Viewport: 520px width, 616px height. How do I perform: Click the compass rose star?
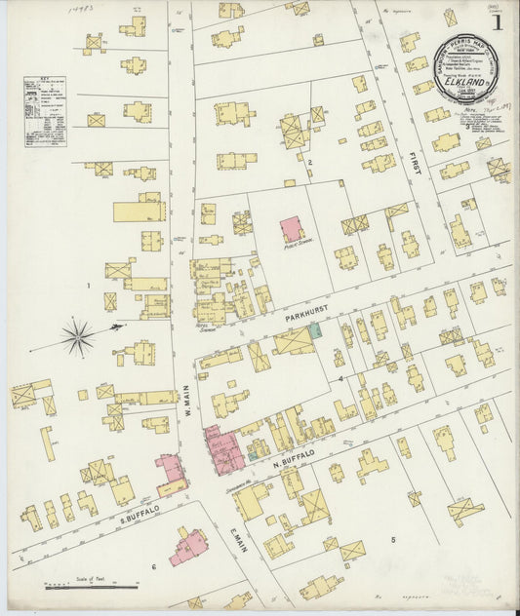[x=78, y=337]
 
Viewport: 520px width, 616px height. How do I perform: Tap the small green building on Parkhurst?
[x=314, y=331]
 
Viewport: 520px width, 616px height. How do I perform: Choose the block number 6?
[x=153, y=566]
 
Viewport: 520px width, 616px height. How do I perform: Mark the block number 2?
[x=310, y=162]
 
